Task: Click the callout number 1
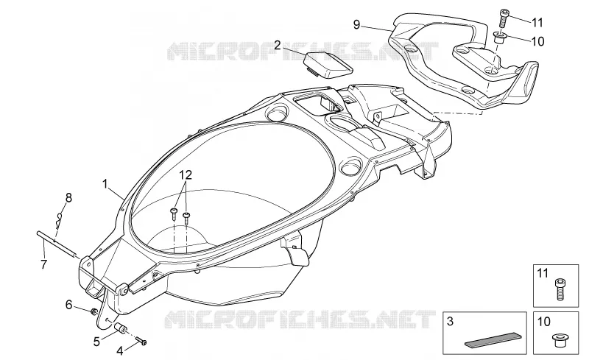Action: click(105, 184)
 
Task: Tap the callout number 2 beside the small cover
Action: click(278, 45)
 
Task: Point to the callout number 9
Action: click(356, 25)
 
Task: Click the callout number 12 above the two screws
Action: click(186, 174)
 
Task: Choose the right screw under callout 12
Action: click(187, 217)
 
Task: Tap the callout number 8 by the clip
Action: click(68, 197)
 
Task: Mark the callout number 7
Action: click(43, 264)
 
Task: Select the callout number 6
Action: click(68, 305)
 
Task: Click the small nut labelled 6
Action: click(94, 311)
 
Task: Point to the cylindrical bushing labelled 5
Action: click(121, 328)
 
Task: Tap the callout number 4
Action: click(119, 351)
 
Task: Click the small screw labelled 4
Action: click(141, 341)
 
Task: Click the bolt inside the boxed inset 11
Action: click(560, 289)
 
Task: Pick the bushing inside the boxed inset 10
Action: click(560, 339)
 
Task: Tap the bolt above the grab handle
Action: click(504, 18)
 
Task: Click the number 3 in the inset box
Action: click(451, 321)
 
